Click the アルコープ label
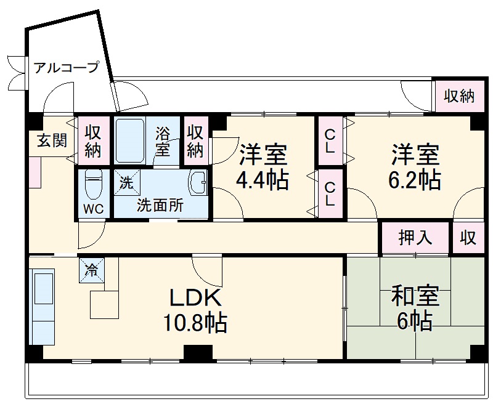pos(66,68)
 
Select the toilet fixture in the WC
pos(94,184)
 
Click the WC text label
pos(94,208)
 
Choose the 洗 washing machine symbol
pos(126,182)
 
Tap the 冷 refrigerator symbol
pos(91,270)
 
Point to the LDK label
pos(195,298)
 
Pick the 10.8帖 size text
pos(195,322)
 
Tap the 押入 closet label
pos(415,238)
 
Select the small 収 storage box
pos(468,238)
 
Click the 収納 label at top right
pos(458,96)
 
